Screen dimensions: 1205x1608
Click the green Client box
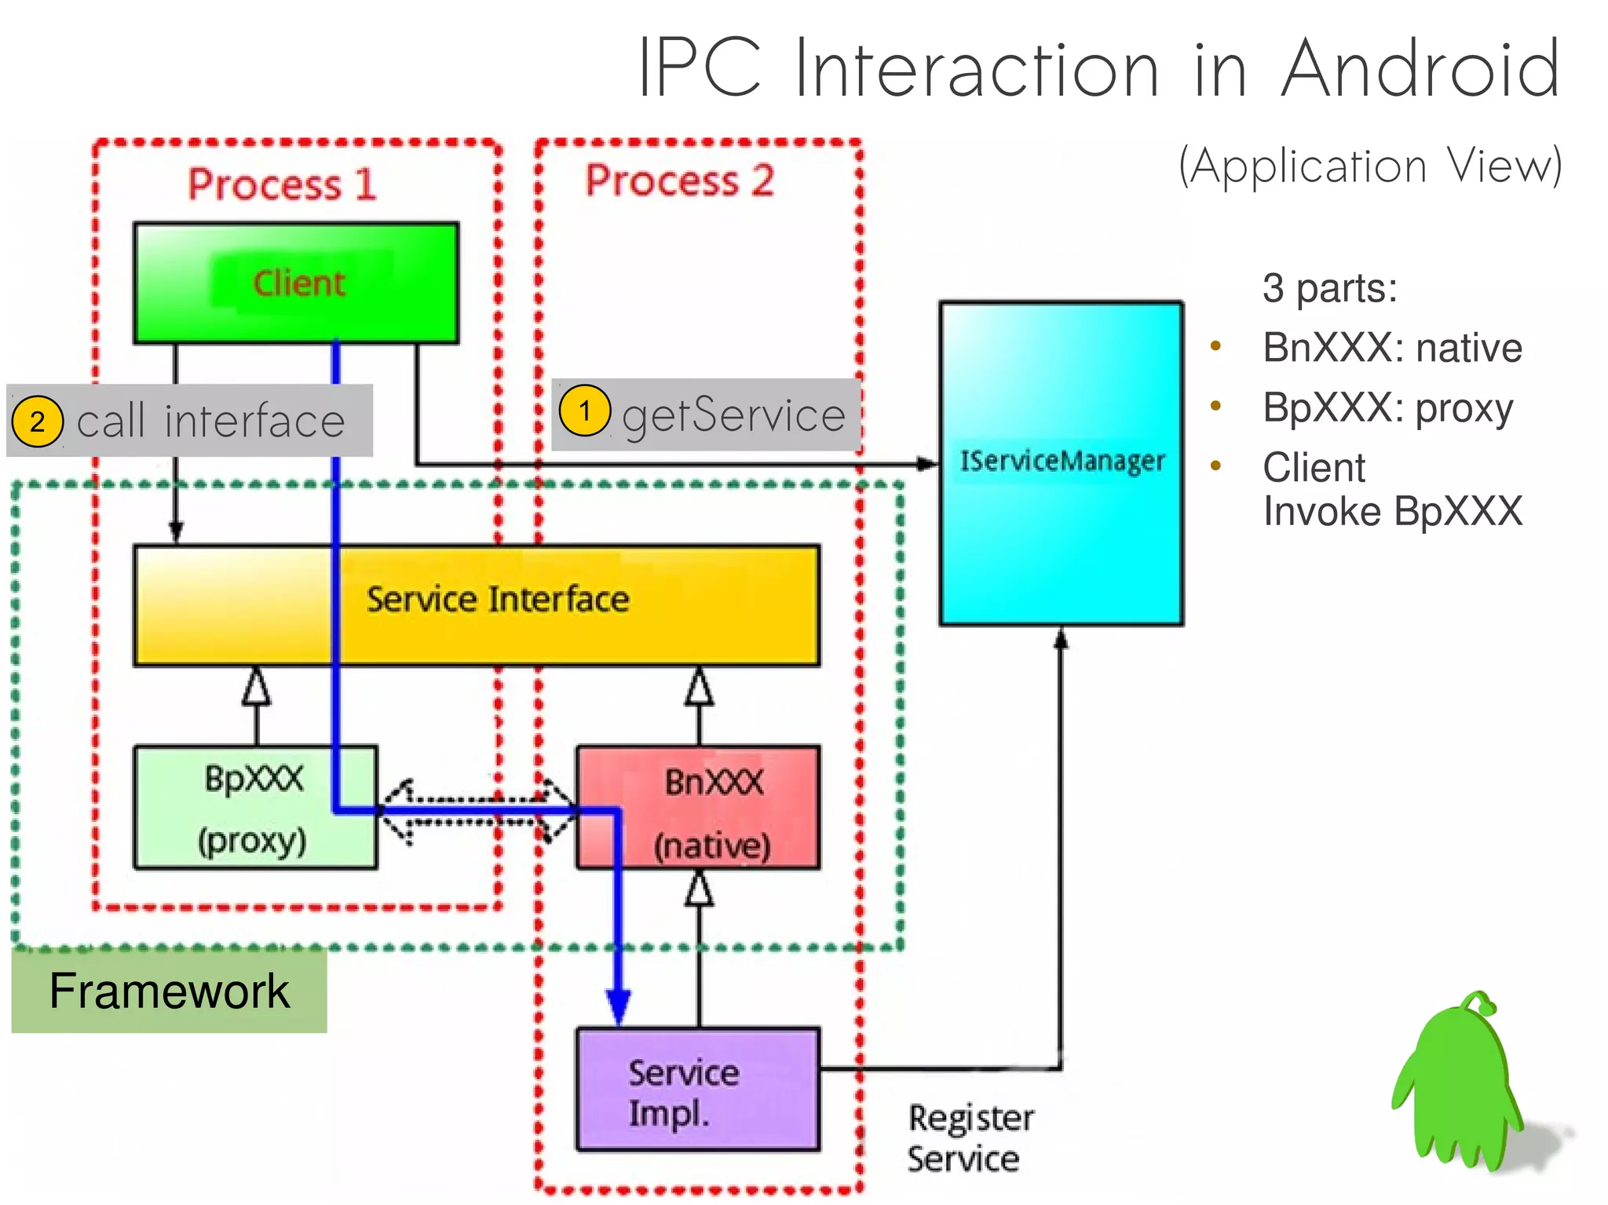tap(296, 283)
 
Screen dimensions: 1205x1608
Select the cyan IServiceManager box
tap(1061, 463)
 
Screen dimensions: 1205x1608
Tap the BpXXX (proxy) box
tap(255, 808)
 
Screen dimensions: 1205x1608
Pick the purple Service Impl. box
tap(698, 1089)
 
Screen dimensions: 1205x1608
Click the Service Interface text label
tap(498, 600)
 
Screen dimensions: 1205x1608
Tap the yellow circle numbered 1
tap(584, 411)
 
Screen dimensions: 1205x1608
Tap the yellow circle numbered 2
tap(37, 422)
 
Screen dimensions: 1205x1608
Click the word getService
tap(733, 414)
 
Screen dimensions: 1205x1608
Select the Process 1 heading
tap(282, 184)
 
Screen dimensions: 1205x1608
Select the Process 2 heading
tap(679, 181)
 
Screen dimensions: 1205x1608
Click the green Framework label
tap(169, 991)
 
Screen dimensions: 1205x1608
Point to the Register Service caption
tap(970, 1138)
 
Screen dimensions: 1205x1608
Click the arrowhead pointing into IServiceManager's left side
tap(928, 464)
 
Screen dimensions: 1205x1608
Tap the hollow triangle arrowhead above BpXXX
tap(256, 687)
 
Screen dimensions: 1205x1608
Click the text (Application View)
tap(1370, 166)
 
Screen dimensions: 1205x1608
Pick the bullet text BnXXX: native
tap(1392, 348)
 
